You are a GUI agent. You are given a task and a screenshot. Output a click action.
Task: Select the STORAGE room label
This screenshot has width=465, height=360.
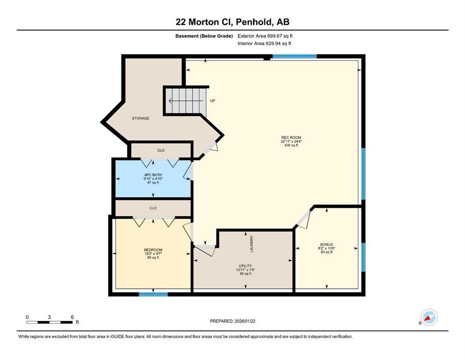pyautogui.click(x=140, y=118)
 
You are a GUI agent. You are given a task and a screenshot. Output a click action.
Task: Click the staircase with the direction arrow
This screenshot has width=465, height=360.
pyautogui.click(x=185, y=100)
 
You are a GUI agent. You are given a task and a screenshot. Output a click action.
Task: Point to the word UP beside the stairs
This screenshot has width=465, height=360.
pyautogui.click(x=212, y=100)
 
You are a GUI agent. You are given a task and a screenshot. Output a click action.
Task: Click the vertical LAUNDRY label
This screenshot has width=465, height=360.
pyautogui.click(x=251, y=244)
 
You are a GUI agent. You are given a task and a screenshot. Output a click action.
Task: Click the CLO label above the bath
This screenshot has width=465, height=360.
pyautogui.click(x=161, y=150)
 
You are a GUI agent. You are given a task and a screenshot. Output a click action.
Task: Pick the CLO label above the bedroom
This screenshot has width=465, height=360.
pyautogui.click(x=153, y=208)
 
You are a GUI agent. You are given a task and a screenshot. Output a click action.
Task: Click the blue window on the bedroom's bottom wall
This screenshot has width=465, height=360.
pyautogui.click(x=153, y=294)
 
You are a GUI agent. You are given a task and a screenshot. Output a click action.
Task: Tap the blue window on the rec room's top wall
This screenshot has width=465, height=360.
pyautogui.click(x=294, y=57)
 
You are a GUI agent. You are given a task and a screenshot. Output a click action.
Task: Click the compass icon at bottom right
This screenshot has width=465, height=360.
pyautogui.click(x=428, y=317)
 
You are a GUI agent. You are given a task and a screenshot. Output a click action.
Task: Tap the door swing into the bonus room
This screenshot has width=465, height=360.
pyautogui.click(x=303, y=219)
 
